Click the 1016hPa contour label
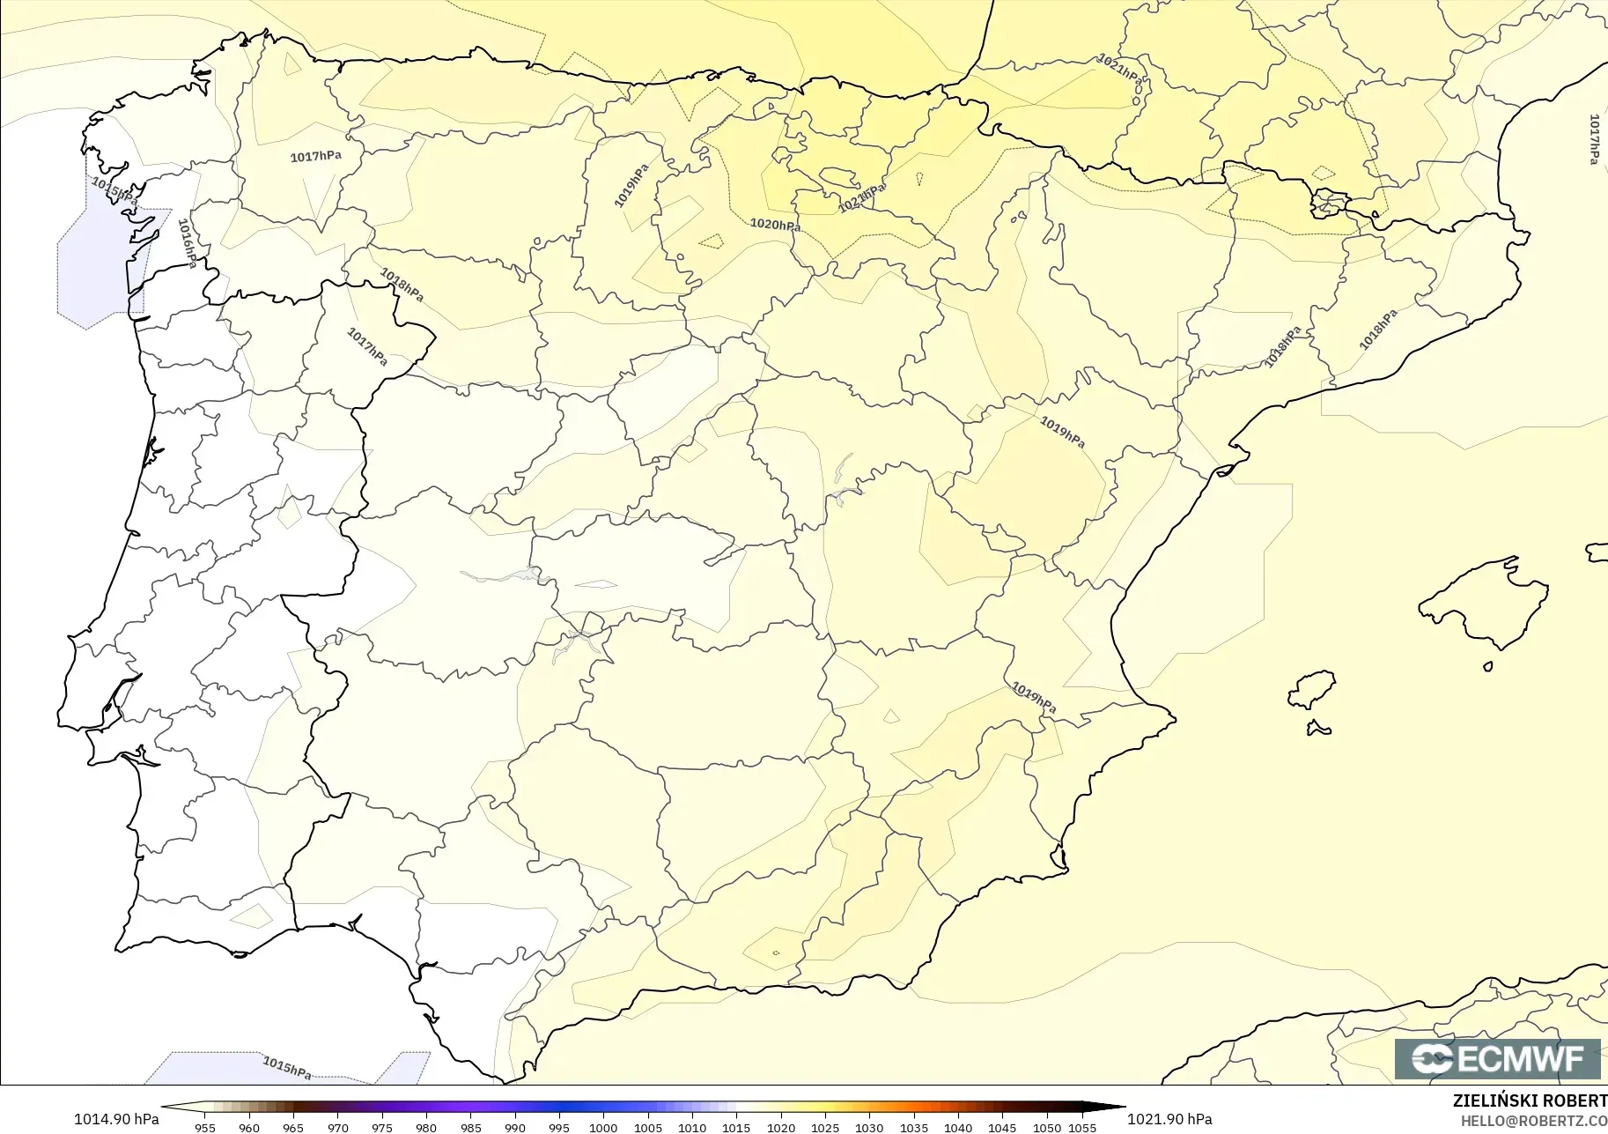coord(188,243)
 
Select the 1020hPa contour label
coord(775,225)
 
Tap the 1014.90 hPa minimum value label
coord(116,1119)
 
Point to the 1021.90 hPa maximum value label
coord(1169,1119)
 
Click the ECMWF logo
coord(1497,1058)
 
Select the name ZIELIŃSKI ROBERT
coord(1530,1101)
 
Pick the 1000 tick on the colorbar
coord(603,1128)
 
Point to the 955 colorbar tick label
coord(204,1128)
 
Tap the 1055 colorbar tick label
coord(1082,1128)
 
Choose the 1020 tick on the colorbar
coord(780,1128)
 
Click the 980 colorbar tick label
coord(426,1128)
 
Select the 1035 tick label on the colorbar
coord(913,1128)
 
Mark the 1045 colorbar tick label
coord(1002,1128)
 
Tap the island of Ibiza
coord(1312,690)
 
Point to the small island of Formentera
coord(1318,729)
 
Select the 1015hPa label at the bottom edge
coord(287,1067)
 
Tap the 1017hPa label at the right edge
coord(1594,139)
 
